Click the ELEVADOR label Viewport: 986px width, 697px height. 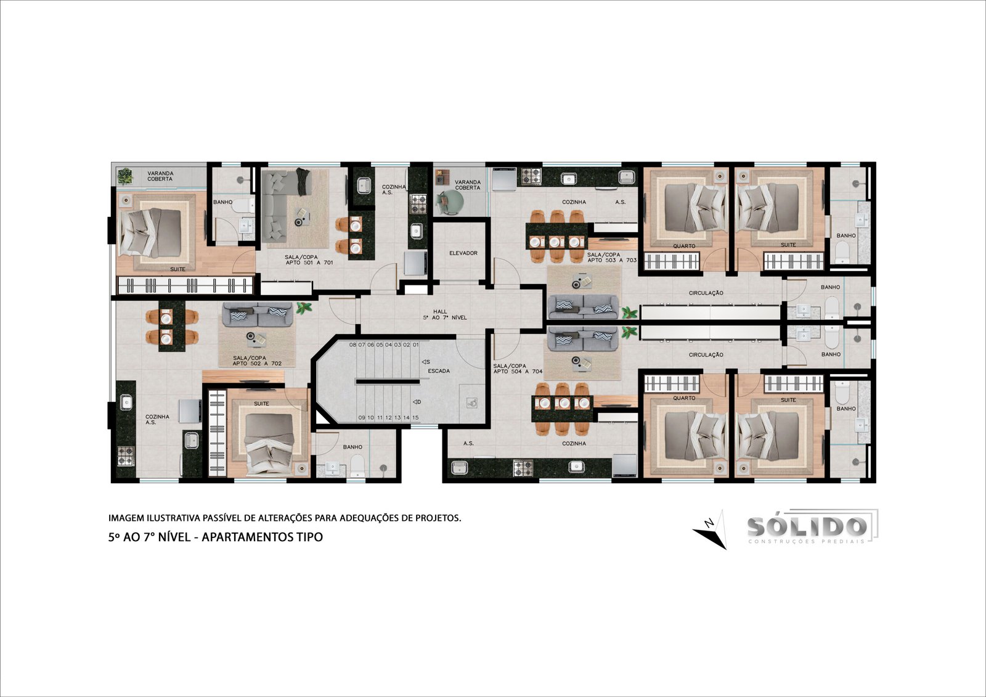[x=463, y=253]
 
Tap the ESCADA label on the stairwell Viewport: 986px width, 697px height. [x=439, y=371]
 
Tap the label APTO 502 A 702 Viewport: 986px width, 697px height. [x=258, y=364]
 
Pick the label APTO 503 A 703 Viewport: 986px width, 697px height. [x=613, y=260]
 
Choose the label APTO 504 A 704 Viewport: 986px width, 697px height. [x=518, y=372]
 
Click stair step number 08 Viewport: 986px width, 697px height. [x=352, y=344]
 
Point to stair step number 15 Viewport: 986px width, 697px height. [x=415, y=417]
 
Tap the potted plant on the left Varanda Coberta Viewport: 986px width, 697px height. [x=126, y=176]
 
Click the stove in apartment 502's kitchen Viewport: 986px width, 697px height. [x=126, y=455]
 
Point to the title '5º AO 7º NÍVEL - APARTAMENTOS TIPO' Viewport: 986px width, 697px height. [x=216, y=537]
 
